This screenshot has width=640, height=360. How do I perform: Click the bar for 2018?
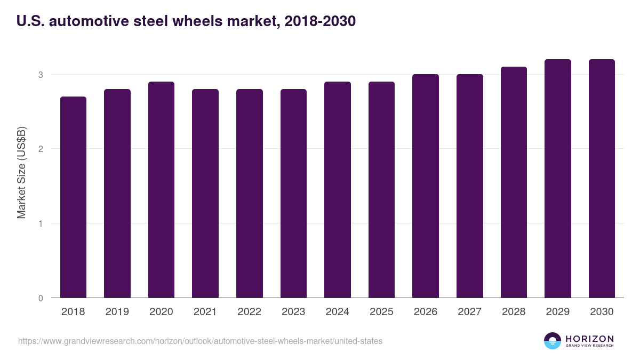point(73,197)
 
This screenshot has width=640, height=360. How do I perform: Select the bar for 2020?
point(161,190)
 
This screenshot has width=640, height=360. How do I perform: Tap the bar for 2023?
point(293,194)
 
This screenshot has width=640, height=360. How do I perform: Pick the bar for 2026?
point(426,186)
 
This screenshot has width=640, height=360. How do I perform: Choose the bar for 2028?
point(514,182)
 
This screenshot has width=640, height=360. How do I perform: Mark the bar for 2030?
point(602,179)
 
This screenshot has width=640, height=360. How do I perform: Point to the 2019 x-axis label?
point(117,312)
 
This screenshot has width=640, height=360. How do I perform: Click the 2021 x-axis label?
point(205,312)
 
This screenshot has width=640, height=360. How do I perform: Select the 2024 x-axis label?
point(338,312)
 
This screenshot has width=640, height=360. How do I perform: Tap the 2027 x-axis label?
point(469,312)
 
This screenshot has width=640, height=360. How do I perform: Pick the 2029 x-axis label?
point(558,312)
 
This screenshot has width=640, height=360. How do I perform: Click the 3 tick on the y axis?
point(41,75)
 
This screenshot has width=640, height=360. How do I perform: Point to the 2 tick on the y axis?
point(41,149)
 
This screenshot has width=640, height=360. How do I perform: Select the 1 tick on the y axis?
point(41,223)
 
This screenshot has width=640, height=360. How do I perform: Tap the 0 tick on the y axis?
point(41,298)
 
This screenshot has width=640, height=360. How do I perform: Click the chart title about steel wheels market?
point(186,21)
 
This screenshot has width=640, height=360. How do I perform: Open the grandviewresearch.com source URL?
point(200,341)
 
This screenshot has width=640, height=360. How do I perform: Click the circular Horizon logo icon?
point(553,341)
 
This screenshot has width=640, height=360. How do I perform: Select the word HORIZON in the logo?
point(589,338)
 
